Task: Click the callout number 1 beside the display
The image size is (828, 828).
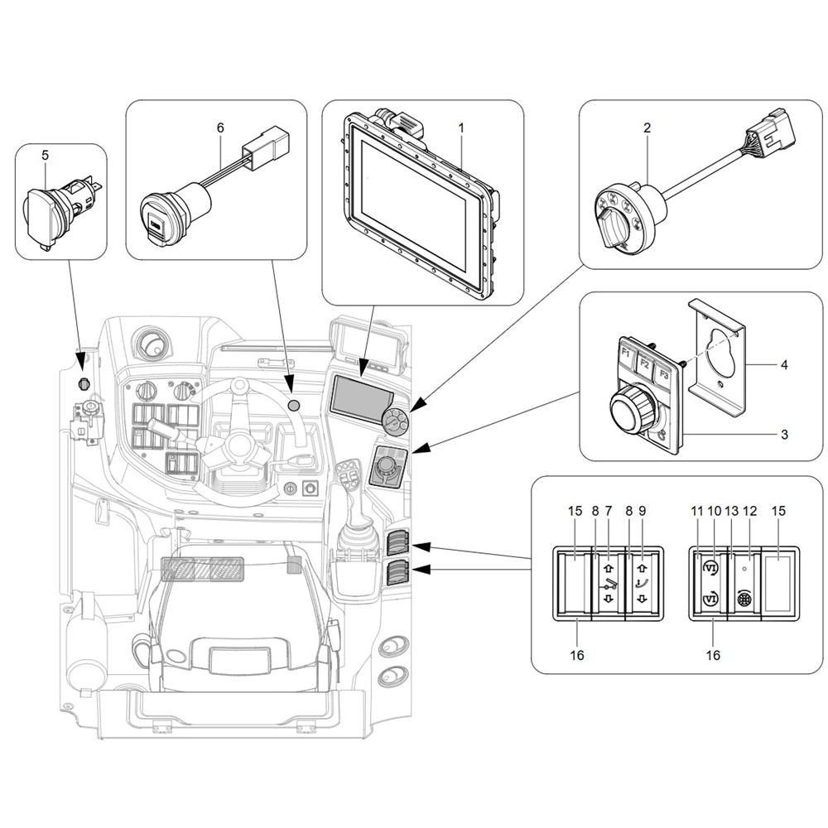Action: (x=461, y=128)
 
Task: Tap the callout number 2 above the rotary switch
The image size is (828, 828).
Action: (x=647, y=128)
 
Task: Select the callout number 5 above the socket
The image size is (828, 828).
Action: (x=46, y=155)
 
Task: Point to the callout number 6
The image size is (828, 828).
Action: (x=220, y=128)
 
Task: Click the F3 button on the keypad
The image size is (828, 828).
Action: (x=664, y=375)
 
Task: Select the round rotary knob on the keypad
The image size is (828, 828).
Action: (x=631, y=407)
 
